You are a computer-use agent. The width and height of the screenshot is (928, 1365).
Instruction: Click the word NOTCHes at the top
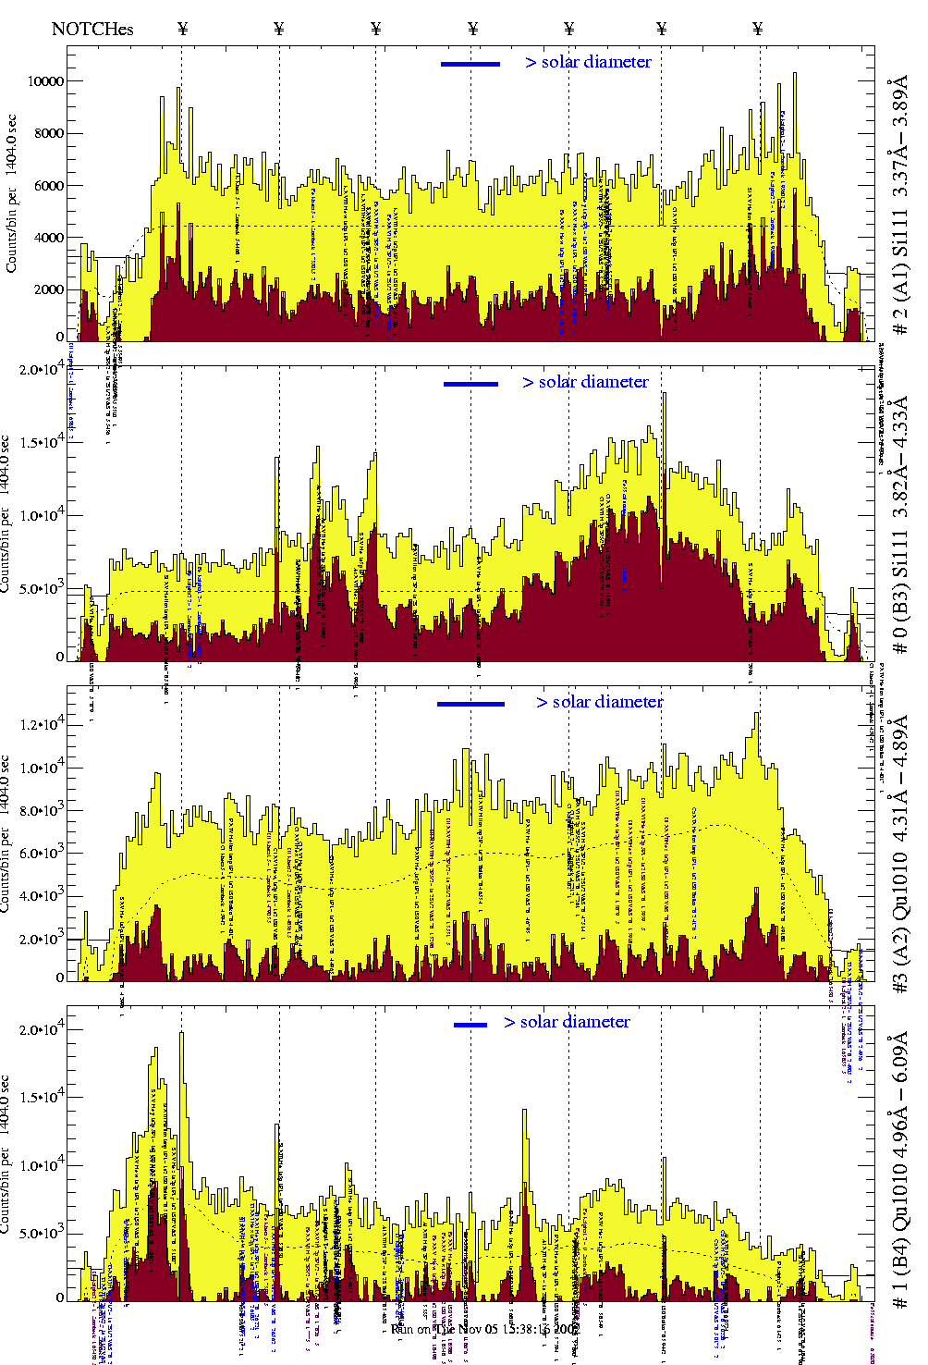[92, 29]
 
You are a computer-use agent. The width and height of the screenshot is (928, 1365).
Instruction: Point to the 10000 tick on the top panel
[45, 81]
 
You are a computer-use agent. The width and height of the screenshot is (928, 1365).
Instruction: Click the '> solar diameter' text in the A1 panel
[588, 62]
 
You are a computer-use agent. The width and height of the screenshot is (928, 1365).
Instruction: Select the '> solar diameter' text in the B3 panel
[585, 382]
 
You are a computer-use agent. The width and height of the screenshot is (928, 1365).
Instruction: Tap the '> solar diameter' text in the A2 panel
[599, 702]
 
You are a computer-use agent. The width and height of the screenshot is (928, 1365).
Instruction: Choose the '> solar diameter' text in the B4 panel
[567, 1022]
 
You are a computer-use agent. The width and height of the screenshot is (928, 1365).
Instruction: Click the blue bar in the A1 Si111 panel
[470, 64]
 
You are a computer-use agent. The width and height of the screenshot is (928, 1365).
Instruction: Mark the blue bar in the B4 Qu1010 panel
[470, 1025]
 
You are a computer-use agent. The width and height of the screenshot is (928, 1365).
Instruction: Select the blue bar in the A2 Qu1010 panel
[470, 704]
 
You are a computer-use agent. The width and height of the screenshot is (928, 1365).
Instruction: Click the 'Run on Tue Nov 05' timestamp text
[485, 1329]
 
